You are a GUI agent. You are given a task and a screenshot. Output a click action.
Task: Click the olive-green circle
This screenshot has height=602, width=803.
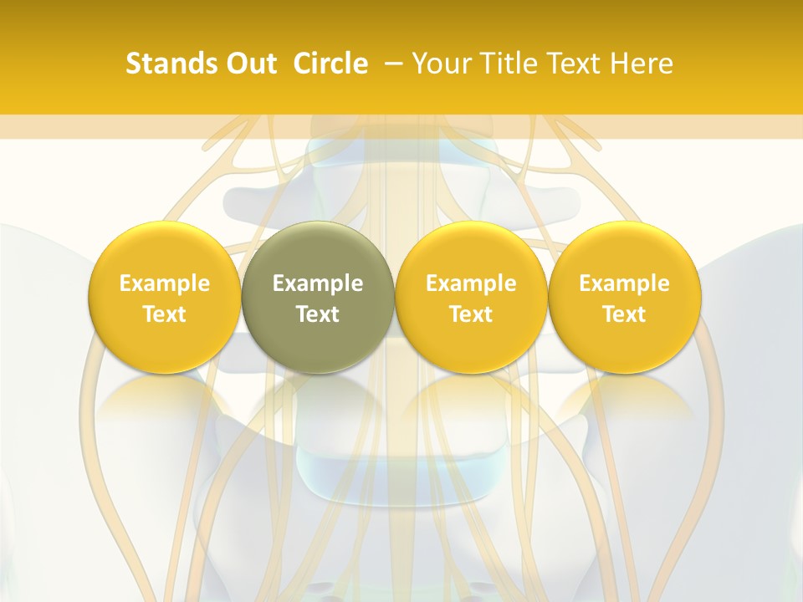(x=318, y=297)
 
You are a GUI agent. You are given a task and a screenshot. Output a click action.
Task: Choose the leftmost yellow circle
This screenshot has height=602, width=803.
(x=165, y=297)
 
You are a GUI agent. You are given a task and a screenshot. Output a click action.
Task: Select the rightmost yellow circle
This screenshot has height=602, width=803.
(x=624, y=297)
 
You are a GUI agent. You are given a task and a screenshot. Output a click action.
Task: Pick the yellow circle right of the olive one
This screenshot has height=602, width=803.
(x=471, y=297)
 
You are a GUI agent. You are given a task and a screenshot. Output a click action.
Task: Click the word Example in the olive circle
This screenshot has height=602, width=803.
(x=318, y=284)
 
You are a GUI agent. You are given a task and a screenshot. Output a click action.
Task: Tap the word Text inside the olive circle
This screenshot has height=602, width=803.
(x=318, y=314)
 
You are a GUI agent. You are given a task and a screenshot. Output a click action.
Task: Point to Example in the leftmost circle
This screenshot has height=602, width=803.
(x=165, y=284)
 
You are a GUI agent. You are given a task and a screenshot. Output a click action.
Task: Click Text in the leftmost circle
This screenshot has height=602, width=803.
(x=165, y=314)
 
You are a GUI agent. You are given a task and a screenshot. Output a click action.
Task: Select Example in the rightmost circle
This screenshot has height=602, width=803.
(x=624, y=284)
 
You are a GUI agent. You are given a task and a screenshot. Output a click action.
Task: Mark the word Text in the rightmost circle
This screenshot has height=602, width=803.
(x=624, y=314)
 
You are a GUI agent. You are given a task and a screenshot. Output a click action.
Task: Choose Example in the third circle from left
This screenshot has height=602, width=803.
(x=471, y=284)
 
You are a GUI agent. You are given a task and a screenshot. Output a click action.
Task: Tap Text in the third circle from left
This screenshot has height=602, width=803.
(x=471, y=314)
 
